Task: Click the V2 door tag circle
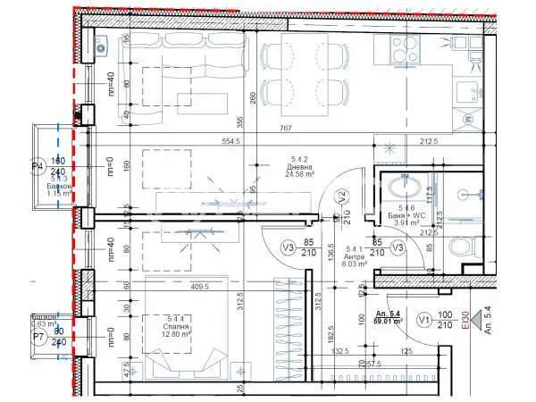point(340,197)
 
